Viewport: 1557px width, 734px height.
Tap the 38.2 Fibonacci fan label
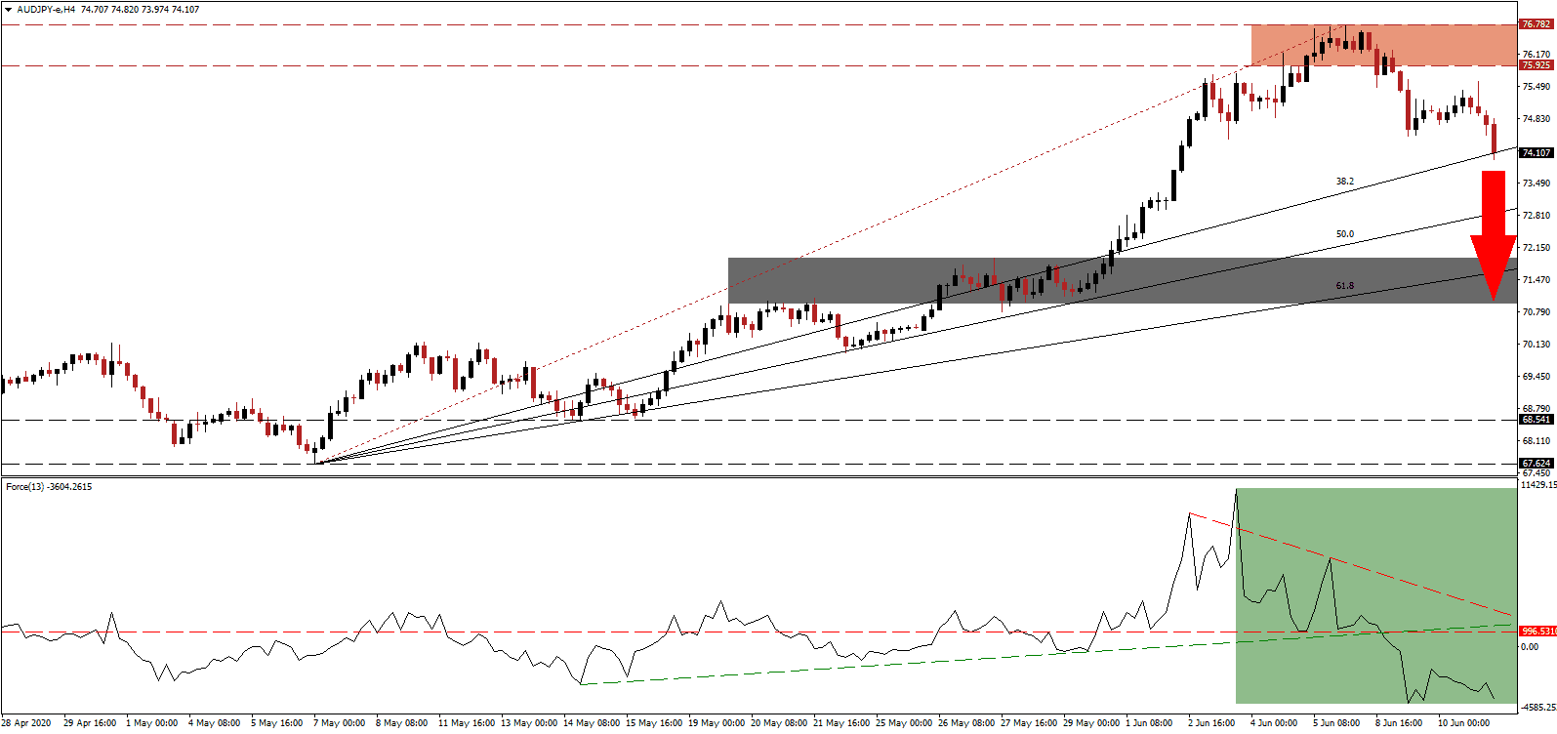coord(1345,182)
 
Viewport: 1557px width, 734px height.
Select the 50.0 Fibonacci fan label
coord(1345,234)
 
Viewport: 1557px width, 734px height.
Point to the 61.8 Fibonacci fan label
coord(1345,286)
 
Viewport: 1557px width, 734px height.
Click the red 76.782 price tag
coord(1537,23)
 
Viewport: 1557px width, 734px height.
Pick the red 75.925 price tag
coord(1537,65)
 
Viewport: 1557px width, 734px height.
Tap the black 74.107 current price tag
coord(1537,152)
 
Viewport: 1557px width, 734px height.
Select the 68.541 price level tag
coord(1537,420)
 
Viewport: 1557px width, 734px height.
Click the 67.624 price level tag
coord(1537,464)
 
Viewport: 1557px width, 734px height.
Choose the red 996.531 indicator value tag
coord(1537,632)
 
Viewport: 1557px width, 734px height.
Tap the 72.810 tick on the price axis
coord(1537,216)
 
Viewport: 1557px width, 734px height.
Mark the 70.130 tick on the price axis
coord(1537,345)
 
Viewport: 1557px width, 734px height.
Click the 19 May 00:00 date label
coord(717,723)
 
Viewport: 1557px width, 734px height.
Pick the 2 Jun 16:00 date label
coord(1211,723)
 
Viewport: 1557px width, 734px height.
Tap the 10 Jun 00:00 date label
coord(1462,723)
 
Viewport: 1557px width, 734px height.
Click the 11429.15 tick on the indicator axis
coord(1538,485)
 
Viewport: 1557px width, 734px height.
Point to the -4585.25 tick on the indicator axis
coord(1538,708)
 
